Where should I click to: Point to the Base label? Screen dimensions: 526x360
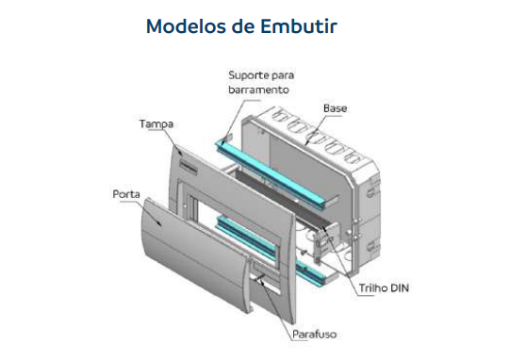click(x=335, y=108)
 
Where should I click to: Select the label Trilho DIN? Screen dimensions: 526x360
click(x=382, y=286)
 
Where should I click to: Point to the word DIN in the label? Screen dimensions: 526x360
click(x=397, y=286)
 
